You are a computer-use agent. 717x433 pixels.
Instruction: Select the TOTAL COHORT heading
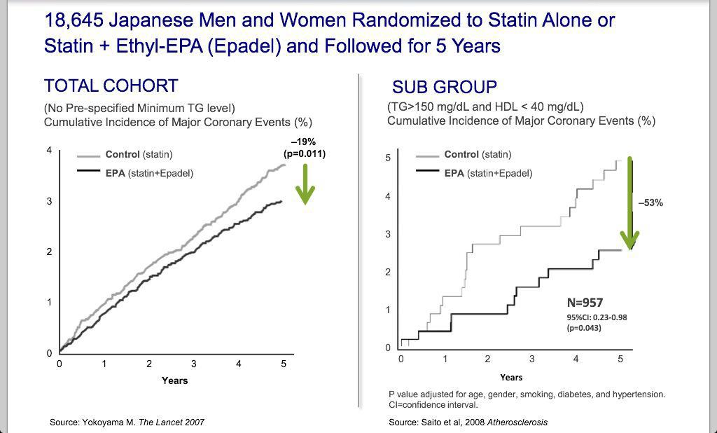tap(111, 86)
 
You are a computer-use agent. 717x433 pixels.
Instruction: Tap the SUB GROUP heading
tap(444, 88)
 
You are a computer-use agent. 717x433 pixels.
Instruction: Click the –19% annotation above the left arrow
tap(304, 142)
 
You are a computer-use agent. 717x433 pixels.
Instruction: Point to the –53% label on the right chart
tap(650, 202)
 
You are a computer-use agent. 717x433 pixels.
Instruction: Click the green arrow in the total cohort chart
tap(305, 184)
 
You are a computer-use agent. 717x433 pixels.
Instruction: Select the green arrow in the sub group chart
tap(630, 203)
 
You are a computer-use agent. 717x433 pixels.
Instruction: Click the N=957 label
tap(585, 303)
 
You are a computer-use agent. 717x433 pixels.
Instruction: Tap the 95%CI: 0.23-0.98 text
tap(597, 317)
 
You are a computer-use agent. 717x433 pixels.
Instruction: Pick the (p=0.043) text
tap(584, 328)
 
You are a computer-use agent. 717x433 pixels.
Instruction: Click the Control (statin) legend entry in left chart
tap(138, 154)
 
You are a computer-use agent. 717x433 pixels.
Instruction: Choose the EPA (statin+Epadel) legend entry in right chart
tap(488, 173)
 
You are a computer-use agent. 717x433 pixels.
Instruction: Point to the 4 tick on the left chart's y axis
tap(49, 151)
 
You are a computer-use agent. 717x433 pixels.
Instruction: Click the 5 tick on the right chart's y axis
tap(388, 158)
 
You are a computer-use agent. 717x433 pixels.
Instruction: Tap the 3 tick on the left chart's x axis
tap(194, 364)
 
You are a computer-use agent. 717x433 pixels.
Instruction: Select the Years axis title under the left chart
tap(174, 380)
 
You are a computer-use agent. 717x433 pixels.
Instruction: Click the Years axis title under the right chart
tap(511, 378)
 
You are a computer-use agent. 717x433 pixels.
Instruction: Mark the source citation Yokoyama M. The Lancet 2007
tap(127, 422)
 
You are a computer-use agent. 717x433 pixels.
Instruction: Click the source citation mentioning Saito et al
tap(468, 422)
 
